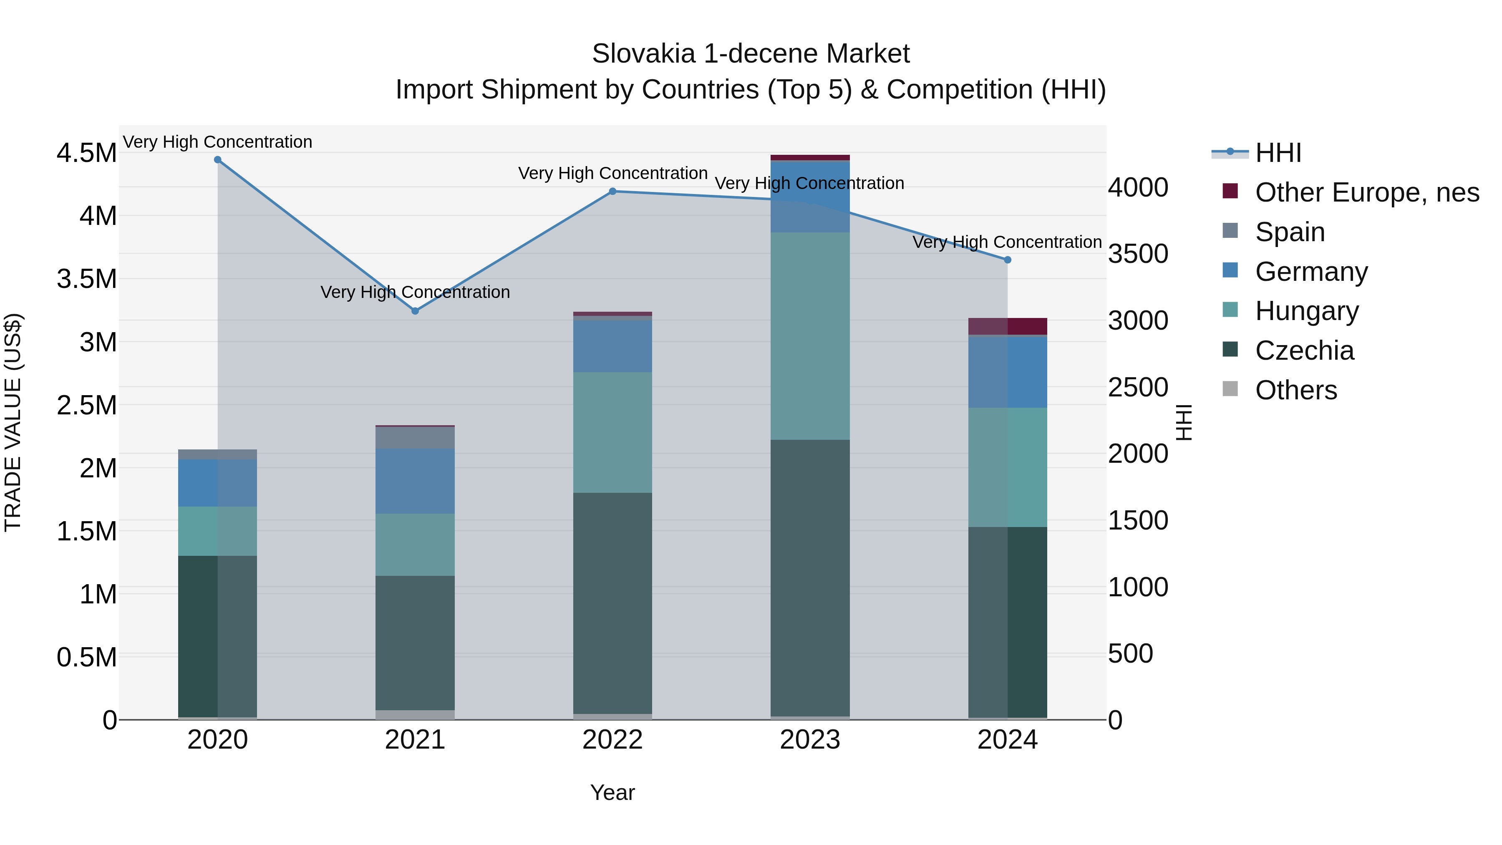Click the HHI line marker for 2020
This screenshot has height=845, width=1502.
pyautogui.click(x=217, y=159)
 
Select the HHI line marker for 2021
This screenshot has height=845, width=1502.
pyautogui.click(x=415, y=311)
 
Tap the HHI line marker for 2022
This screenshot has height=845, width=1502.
pyautogui.click(x=612, y=191)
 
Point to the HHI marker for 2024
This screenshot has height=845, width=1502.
pyautogui.click(x=1008, y=260)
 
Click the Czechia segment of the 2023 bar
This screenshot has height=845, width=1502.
pyautogui.click(x=810, y=578)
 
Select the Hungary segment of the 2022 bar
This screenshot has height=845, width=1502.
pyautogui.click(x=612, y=432)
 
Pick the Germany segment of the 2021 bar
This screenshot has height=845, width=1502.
pyautogui.click(x=415, y=481)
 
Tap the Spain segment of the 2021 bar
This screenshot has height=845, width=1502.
pyautogui.click(x=415, y=437)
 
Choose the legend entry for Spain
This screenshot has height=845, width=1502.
pyautogui.click(x=1290, y=232)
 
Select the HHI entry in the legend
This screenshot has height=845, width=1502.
pyautogui.click(x=1278, y=153)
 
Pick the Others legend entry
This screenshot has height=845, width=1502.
pyautogui.click(x=1295, y=390)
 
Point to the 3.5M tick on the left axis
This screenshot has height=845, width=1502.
pyautogui.click(x=87, y=279)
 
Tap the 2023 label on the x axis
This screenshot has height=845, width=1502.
pyautogui.click(x=810, y=740)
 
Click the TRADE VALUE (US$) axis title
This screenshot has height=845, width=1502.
pyautogui.click(x=13, y=422)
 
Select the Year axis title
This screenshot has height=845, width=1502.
pyautogui.click(x=612, y=792)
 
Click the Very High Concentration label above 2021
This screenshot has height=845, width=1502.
pyautogui.click(x=415, y=292)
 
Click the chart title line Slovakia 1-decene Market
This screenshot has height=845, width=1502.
pyautogui.click(x=751, y=54)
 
